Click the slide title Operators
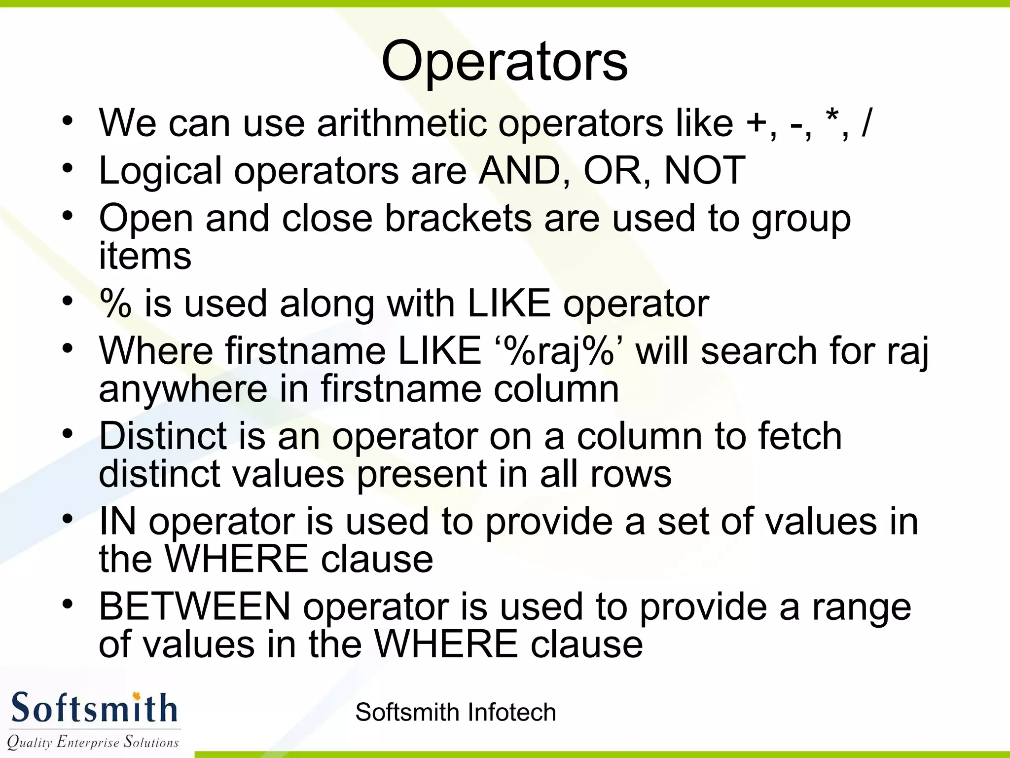[504, 62]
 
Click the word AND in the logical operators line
[520, 170]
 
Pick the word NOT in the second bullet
[704, 170]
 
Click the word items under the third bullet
[145, 256]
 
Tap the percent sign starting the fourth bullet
[115, 303]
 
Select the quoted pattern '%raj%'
[558, 351]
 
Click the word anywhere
[182, 389]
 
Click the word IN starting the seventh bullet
[117, 521]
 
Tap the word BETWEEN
[195, 606]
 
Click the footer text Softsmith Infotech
[455, 712]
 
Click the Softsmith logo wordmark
[94, 708]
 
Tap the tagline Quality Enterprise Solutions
[93, 742]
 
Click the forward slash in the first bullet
[866, 123]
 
